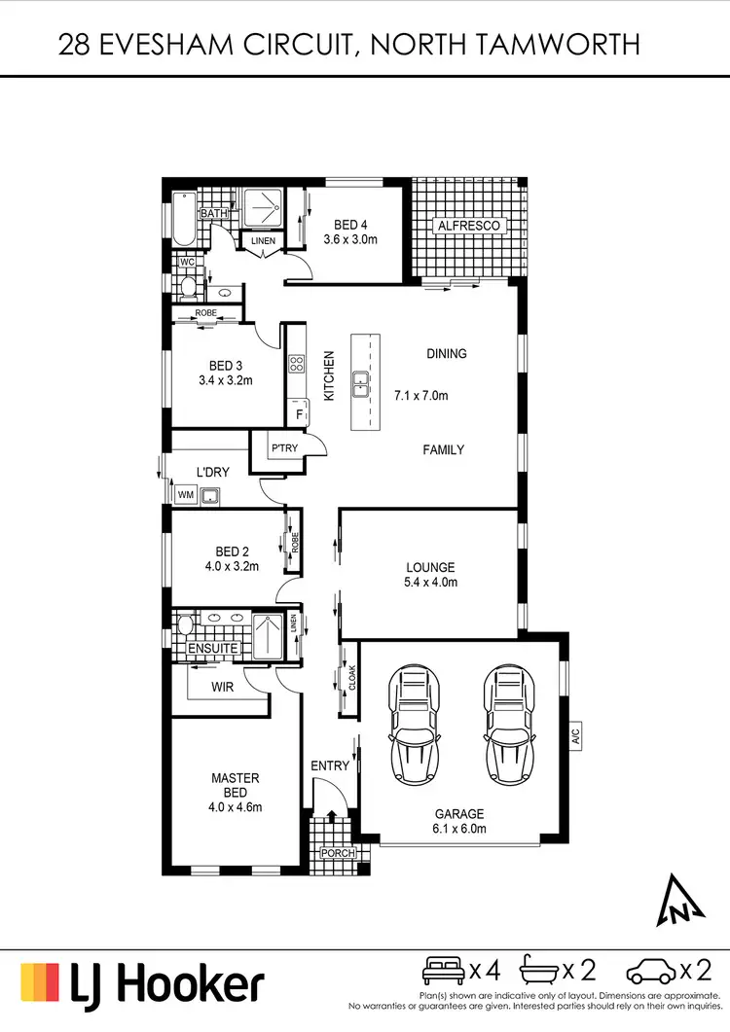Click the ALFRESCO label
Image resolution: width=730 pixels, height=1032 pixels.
[469, 226]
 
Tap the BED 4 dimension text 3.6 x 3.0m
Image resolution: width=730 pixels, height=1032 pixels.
[350, 239]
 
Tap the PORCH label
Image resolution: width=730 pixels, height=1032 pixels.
[338, 854]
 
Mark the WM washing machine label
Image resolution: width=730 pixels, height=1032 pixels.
[185, 495]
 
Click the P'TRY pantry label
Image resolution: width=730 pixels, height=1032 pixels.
[285, 448]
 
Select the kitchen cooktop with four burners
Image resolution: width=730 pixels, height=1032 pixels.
[296, 366]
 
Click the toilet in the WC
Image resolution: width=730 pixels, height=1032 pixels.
[188, 285]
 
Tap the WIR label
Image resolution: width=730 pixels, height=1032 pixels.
[223, 687]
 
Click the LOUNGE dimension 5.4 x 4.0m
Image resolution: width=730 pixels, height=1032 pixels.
[430, 583]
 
